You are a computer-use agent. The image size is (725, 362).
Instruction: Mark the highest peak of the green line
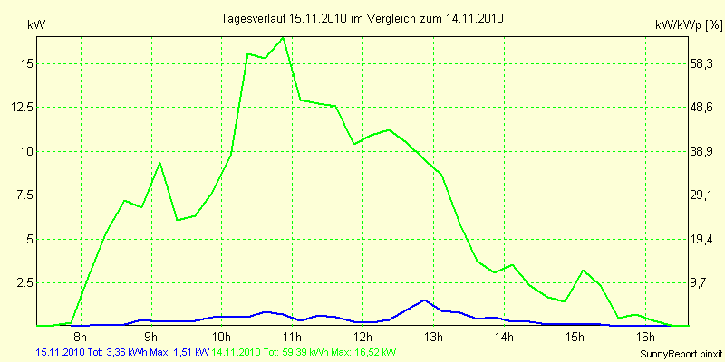[x=283, y=38]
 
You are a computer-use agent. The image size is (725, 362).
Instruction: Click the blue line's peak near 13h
[x=424, y=300]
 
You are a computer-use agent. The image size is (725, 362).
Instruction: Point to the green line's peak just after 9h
[x=159, y=163]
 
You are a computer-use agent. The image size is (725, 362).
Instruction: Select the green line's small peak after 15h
[x=584, y=271]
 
